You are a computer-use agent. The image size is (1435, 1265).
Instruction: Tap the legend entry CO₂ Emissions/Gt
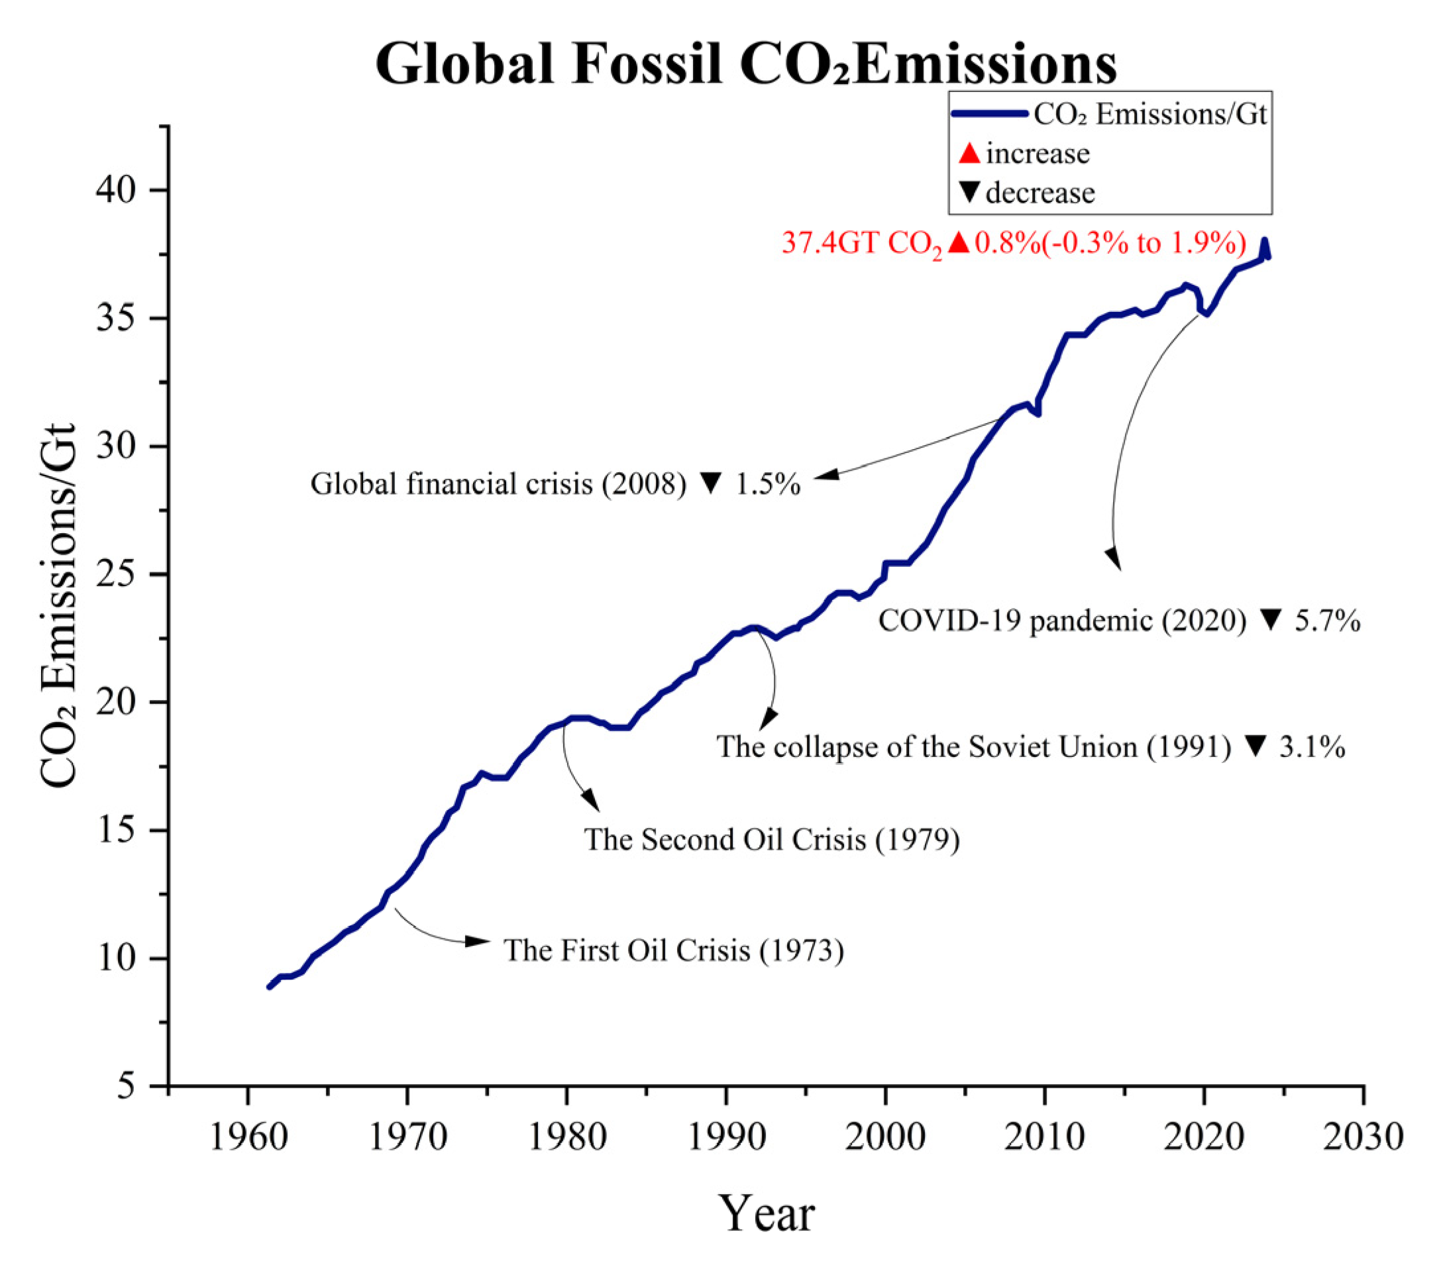point(1150,115)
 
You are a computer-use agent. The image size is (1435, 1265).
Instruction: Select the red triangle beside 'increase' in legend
point(969,153)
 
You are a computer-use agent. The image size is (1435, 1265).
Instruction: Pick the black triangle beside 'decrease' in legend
point(969,191)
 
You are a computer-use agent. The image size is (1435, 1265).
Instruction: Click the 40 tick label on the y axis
point(116,191)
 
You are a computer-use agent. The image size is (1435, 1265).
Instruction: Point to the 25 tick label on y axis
point(116,575)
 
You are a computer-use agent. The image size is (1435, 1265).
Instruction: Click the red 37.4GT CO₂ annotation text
point(862,244)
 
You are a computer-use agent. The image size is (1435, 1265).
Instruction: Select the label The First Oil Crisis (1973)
point(673,950)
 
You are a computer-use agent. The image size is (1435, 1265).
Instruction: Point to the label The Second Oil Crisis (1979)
point(772,840)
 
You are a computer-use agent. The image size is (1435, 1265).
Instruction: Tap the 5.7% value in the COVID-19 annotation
point(1327,621)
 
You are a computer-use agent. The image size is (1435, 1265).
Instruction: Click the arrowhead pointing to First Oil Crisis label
point(478,941)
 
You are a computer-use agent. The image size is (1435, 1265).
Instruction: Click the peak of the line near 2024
point(1264,242)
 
